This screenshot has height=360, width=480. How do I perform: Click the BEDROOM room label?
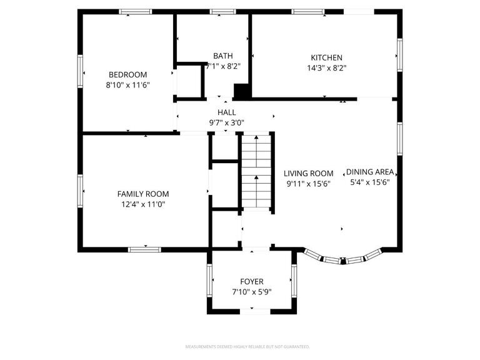127,73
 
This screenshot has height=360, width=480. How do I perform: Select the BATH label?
223,55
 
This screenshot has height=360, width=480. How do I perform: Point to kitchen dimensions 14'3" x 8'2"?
327,68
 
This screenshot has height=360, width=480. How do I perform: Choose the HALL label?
226,112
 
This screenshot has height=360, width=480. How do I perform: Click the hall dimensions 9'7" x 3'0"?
226,123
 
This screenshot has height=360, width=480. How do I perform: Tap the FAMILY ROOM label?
143,194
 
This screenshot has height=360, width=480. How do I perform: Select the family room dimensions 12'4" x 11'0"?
143,204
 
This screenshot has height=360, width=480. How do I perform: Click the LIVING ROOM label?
309,174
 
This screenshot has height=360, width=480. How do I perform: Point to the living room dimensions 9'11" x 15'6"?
309,184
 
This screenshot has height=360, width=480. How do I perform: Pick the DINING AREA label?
370,172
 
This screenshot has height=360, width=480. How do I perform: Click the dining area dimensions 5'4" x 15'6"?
370,182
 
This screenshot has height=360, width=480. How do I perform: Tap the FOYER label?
252,281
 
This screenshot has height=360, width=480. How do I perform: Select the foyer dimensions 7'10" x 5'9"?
252,292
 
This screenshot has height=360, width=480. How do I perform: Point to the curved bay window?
342,259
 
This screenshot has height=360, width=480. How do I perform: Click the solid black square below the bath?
241,91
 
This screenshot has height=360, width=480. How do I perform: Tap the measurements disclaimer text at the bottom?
247,346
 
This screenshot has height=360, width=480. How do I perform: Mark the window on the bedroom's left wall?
80,70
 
